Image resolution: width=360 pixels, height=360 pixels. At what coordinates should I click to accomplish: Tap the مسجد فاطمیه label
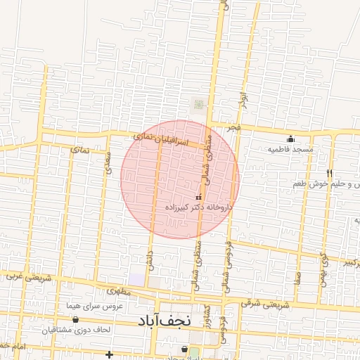(294, 150)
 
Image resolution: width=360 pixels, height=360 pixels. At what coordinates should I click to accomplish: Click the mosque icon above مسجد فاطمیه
(290, 138)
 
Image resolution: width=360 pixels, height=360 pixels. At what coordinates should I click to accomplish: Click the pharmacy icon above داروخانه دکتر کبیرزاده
(197, 198)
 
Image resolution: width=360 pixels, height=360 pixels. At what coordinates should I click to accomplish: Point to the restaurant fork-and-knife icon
(329, 172)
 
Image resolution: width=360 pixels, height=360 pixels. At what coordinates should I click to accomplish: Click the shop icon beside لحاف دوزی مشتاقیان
(75, 319)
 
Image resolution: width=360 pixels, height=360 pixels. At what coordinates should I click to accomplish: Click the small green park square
(198, 105)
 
